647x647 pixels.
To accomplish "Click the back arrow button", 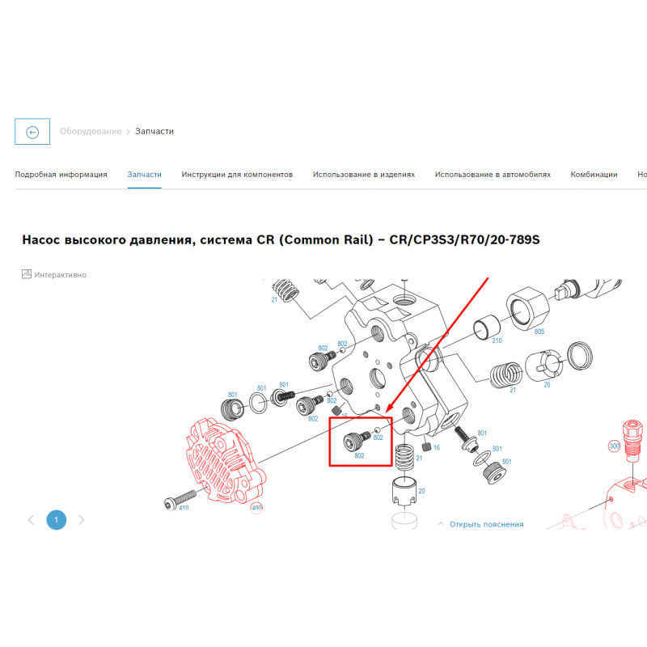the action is pos(32,132).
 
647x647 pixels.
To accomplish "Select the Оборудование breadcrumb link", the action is pos(91,131).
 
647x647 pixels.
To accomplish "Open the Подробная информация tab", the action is pos(61,175).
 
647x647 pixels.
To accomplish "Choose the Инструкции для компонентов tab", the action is pos(237,175).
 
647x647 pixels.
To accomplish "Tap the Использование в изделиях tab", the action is pos(363,175).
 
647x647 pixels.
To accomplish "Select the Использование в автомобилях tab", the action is pos(493,175).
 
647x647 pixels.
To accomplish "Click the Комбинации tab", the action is pos(594,175).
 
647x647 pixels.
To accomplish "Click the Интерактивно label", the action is pos(60,275).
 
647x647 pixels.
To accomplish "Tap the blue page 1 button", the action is pos(56,520).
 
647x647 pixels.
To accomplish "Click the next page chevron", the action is pos(82,520).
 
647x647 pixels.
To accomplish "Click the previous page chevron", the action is pos(31,520).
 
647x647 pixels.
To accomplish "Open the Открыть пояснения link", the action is pos(486,524).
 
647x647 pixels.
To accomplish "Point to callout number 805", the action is pos(539,332).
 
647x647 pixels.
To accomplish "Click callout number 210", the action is pos(497,340).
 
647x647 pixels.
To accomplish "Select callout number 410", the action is pos(184,508).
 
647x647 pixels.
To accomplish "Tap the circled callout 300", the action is pos(615,446).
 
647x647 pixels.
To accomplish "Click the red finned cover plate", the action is pos(226,461).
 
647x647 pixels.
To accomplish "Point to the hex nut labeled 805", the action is pos(528,309).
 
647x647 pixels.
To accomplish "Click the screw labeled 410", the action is pos(180,498).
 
